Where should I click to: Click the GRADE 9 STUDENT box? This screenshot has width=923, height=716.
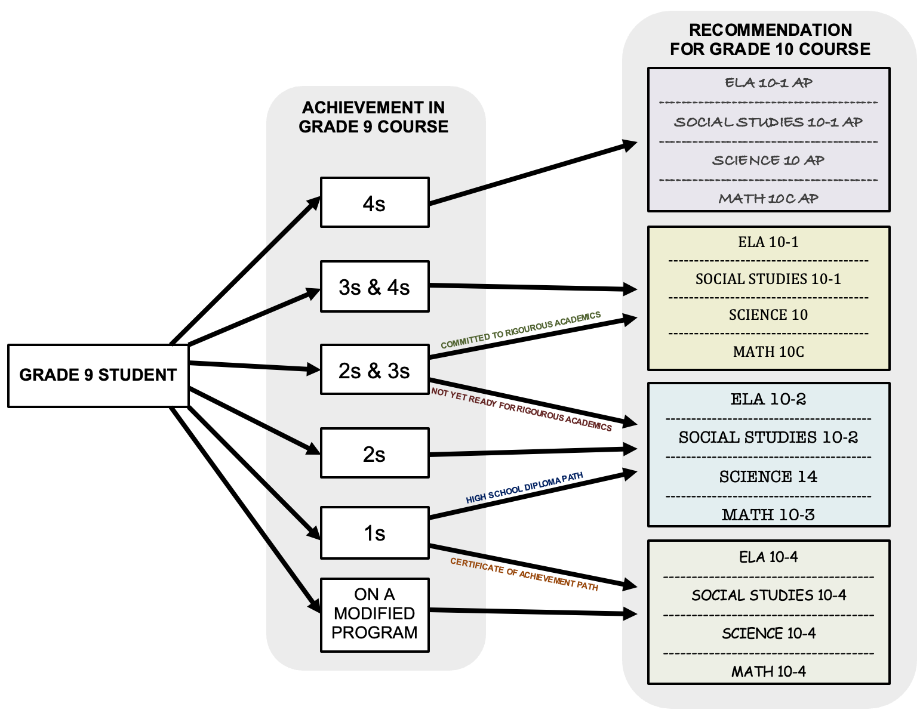tap(98, 375)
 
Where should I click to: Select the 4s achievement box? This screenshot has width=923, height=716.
tap(374, 203)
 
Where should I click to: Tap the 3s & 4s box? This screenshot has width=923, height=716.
tap(374, 286)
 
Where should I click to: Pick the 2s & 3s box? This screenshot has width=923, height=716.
tap(374, 370)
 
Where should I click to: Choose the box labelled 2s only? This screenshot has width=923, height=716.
tap(374, 453)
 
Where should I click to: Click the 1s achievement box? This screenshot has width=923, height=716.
tap(374, 533)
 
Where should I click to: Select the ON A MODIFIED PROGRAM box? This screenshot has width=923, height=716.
tap(374, 614)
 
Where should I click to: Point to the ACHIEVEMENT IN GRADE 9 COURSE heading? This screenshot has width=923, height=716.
tap(374, 117)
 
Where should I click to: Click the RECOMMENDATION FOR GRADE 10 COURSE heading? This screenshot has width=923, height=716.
tap(770, 39)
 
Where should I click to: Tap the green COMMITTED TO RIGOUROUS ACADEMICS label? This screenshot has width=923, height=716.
tap(521, 330)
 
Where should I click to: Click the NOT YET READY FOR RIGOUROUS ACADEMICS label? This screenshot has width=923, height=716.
tap(521, 409)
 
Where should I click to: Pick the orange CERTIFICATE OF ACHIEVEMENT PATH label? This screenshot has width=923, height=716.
tap(524, 574)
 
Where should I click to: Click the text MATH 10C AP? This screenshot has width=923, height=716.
tap(768, 199)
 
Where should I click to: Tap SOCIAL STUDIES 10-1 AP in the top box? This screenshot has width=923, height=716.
tap(768, 122)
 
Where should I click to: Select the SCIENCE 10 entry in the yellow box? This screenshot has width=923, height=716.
tap(768, 315)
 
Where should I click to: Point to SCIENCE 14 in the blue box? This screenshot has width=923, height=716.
tap(768, 477)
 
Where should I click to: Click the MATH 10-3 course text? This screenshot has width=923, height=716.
tap(768, 514)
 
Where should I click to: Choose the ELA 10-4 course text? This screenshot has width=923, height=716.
tap(768, 557)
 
